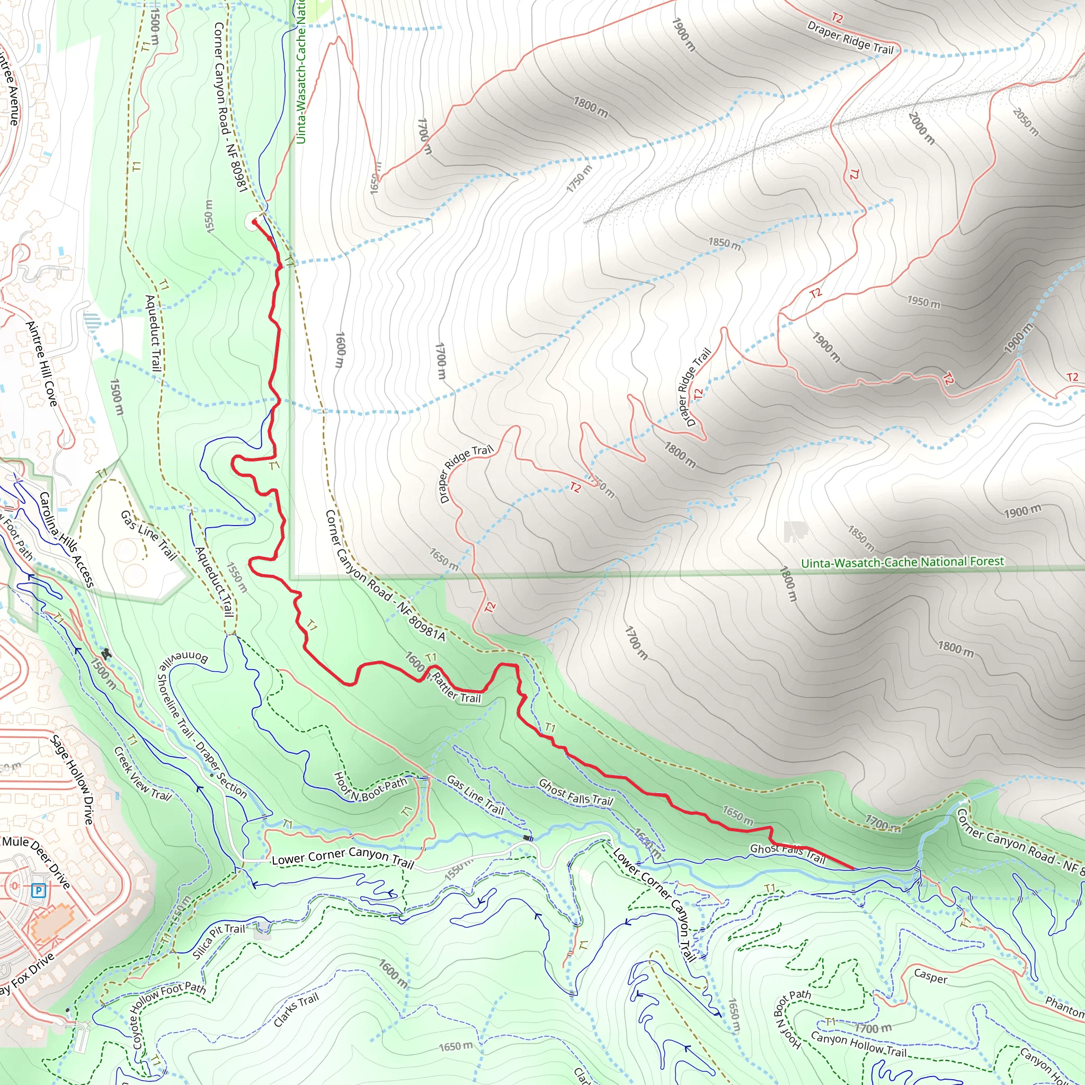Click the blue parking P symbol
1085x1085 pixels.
(38, 890)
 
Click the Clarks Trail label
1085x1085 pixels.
(296, 1010)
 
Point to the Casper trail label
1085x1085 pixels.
(930, 976)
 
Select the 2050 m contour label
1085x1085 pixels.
(1026, 122)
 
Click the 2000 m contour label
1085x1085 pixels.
(921, 128)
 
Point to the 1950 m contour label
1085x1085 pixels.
(923, 301)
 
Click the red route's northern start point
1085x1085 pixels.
(254, 223)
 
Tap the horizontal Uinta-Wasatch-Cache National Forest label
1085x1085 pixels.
(902, 562)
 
